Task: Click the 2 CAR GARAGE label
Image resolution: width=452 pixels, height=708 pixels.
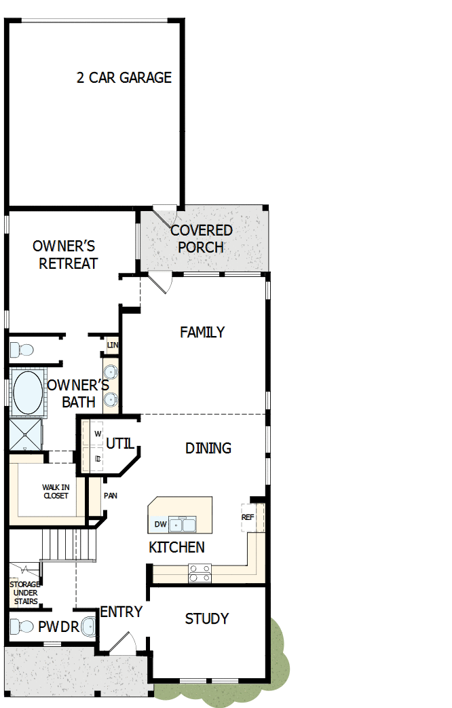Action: click(124, 77)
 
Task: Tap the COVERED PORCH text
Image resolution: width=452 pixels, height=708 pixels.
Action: click(201, 238)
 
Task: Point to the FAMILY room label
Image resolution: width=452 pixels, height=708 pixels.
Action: click(202, 332)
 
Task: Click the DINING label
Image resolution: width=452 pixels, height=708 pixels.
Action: click(208, 448)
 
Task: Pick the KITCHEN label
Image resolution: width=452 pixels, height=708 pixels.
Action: click(176, 547)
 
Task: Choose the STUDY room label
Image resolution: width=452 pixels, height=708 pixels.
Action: click(207, 618)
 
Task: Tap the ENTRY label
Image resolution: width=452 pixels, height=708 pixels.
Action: click(121, 612)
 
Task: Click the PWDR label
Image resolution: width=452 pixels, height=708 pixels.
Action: click(58, 627)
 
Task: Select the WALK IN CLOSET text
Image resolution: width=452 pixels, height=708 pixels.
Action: click(56, 491)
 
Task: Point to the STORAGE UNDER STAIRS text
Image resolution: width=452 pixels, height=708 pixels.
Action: click(24, 593)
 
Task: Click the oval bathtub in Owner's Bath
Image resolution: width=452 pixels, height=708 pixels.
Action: click(27, 392)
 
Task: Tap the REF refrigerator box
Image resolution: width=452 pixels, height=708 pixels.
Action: click(248, 517)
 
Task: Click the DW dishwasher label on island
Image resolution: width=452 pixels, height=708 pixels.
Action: click(160, 524)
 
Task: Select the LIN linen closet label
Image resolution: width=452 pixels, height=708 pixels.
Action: click(112, 346)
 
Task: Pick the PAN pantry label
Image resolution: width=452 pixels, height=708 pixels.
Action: click(111, 496)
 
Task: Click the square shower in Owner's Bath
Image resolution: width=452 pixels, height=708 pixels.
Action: click(25, 435)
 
